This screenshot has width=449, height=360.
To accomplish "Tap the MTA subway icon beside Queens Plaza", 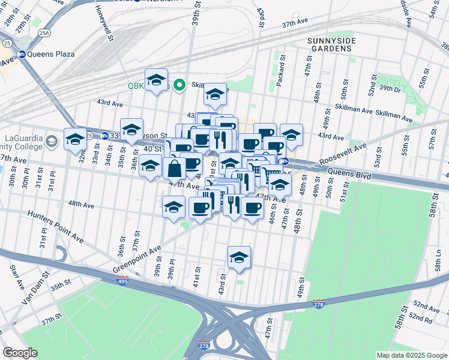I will pos(22,54).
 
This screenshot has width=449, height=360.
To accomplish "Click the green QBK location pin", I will pos(179,85).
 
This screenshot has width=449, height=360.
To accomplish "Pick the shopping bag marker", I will pos(174,169).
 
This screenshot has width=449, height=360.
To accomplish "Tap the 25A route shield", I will pos(44,33).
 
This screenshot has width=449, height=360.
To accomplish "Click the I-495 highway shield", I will pos(122,280).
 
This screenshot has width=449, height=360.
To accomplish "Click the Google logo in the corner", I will pos(20,352).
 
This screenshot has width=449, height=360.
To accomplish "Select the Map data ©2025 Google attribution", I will pos(411,355).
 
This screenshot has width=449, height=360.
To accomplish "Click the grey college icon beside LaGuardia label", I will pos(52,140).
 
